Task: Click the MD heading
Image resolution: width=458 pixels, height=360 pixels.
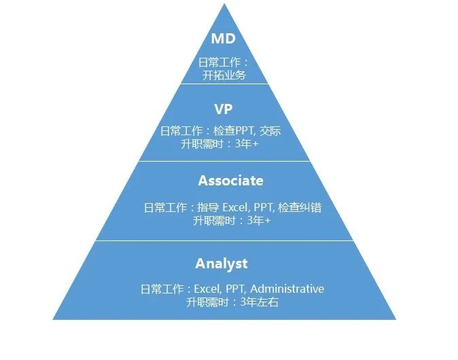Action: click(224, 39)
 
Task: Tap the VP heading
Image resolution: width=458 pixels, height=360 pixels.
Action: click(224, 109)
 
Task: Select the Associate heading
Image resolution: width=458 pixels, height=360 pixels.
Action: click(230, 181)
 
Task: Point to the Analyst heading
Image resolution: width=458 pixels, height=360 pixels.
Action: click(222, 264)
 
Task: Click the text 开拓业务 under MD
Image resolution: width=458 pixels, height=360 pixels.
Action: click(224, 75)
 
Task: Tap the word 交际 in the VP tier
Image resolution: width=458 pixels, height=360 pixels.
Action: click(270, 131)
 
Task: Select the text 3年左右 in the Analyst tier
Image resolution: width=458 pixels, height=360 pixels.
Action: click(260, 302)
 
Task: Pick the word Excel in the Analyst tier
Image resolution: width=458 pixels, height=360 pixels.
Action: click(208, 289)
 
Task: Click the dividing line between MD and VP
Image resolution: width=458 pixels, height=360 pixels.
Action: click(224, 84)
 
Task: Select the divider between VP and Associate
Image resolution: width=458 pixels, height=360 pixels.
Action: click(224, 162)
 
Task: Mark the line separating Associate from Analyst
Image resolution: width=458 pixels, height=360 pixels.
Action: click(224, 240)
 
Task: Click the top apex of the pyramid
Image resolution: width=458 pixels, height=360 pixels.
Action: click(224, 5)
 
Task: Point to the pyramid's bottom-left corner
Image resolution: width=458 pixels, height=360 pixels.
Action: click(54, 318)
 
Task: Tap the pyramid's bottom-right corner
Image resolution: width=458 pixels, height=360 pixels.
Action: click(395, 318)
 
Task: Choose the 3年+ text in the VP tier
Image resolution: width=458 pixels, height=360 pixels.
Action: click(247, 144)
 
